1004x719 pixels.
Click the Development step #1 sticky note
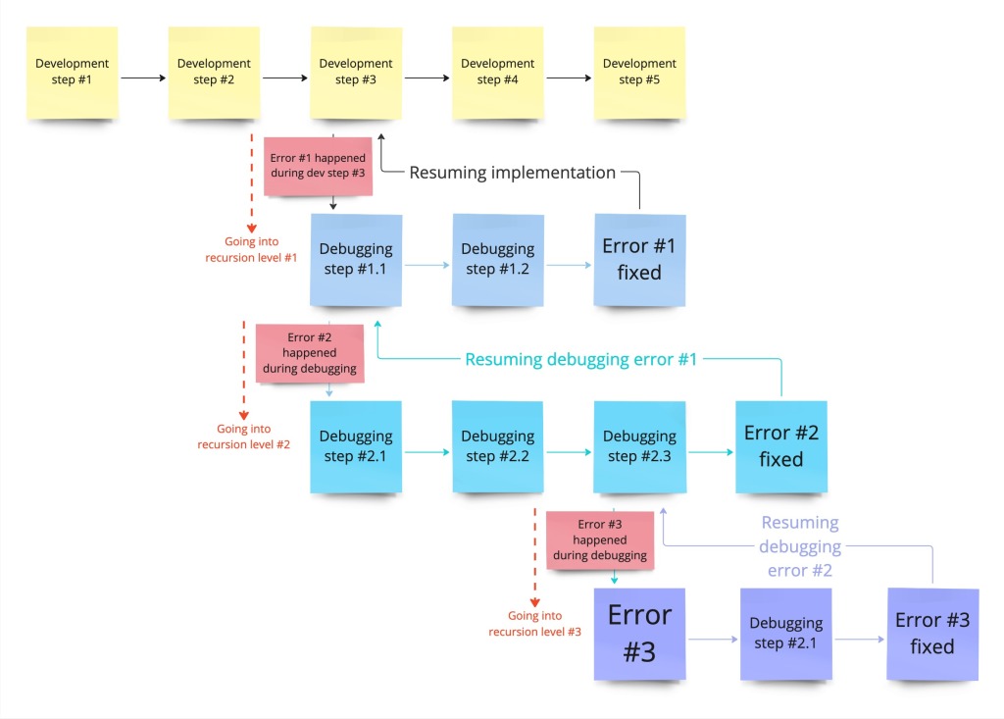tap(72, 72)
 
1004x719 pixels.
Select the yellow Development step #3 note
tap(355, 72)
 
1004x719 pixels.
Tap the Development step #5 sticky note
tap(639, 72)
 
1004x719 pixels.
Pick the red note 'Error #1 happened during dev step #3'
tap(318, 166)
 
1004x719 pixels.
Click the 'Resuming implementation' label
tap(512, 173)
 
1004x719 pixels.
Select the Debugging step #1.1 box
tap(356, 259)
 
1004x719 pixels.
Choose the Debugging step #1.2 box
tap(498, 259)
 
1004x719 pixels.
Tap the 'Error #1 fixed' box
tap(639, 259)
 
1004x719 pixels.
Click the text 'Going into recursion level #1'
tap(251, 250)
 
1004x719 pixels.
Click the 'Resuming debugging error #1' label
tap(580, 359)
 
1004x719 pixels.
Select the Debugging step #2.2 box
tap(498, 445)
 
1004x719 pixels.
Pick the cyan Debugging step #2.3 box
tap(639, 445)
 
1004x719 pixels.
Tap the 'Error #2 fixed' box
tap(780, 445)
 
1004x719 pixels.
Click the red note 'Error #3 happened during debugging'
tap(599, 539)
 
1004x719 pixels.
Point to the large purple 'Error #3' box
tap(639, 633)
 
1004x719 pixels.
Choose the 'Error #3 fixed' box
tap(931, 633)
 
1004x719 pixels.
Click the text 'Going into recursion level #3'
tap(534, 624)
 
